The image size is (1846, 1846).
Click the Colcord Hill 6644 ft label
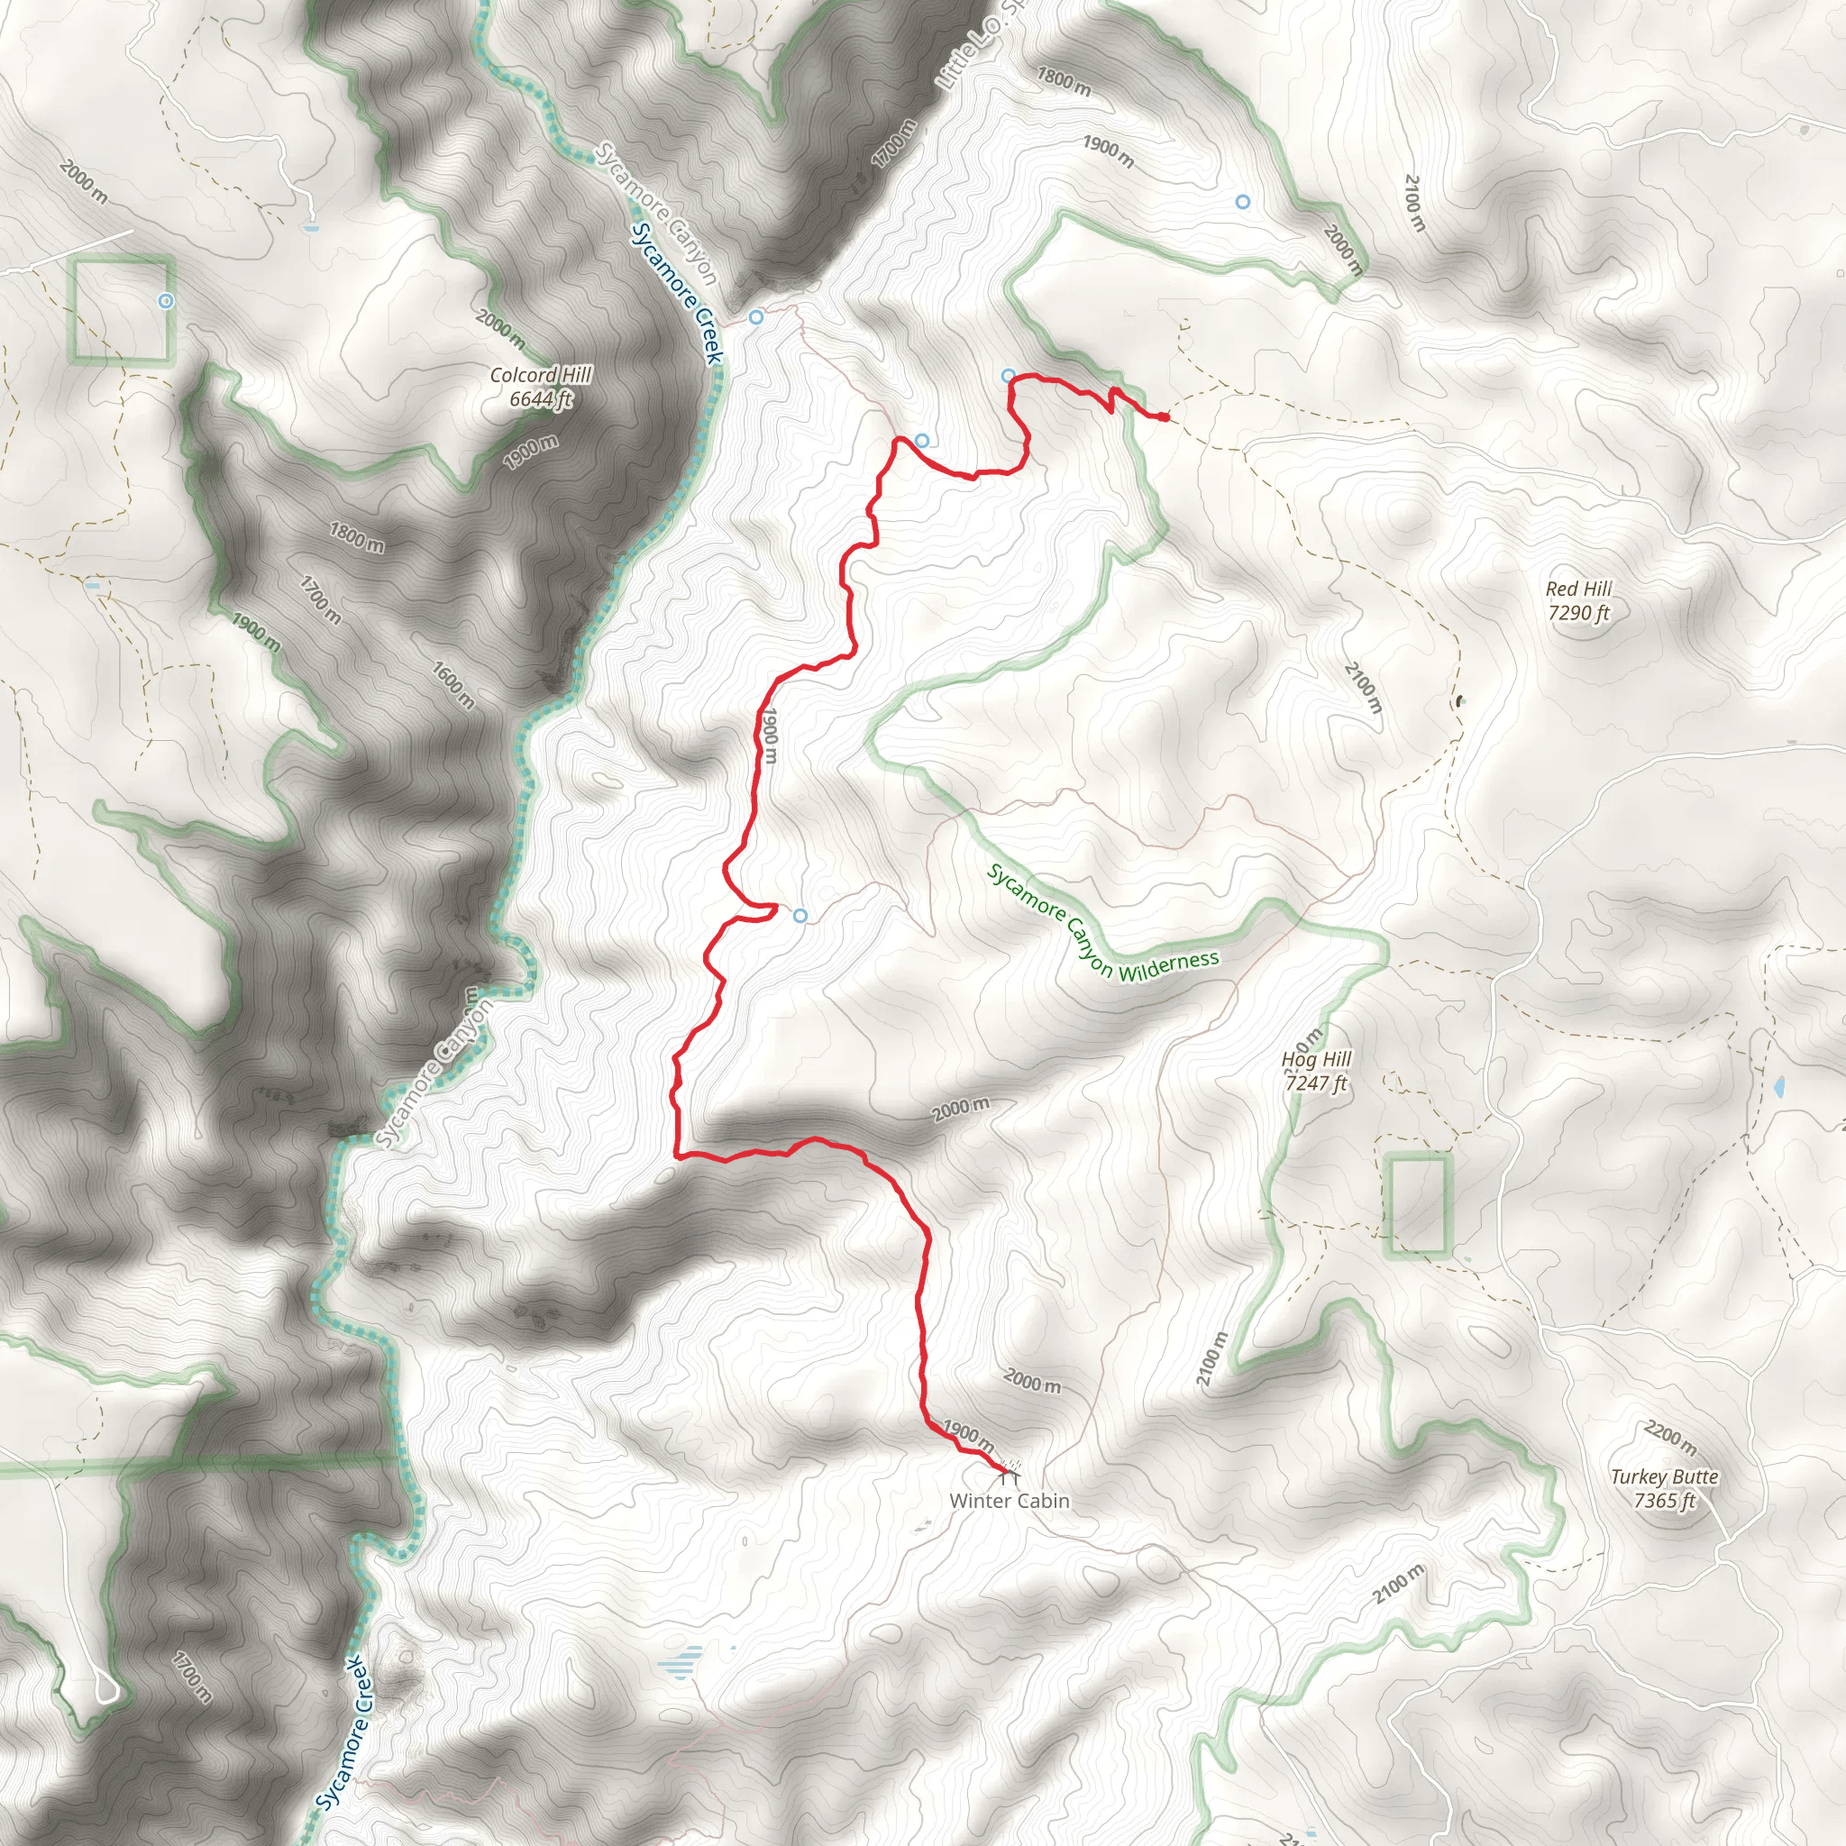(x=541, y=387)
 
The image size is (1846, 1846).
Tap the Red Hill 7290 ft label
(x=1578, y=601)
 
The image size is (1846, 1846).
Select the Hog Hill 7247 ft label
(x=1316, y=1070)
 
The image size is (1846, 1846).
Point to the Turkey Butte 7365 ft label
(x=1665, y=1487)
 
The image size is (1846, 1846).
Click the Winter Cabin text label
(x=1009, y=1500)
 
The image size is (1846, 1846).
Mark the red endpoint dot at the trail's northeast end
(x=1163, y=416)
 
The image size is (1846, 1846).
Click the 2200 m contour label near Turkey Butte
(x=1670, y=1436)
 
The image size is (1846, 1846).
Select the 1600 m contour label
(x=452, y=684)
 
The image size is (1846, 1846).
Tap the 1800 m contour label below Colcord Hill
(x=356, y=537)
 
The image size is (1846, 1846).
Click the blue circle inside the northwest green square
(x=165, y=301)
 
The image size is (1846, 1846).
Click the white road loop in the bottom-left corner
(x=107, y=1688)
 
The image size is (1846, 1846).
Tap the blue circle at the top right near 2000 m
(x=1242, y=202)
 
